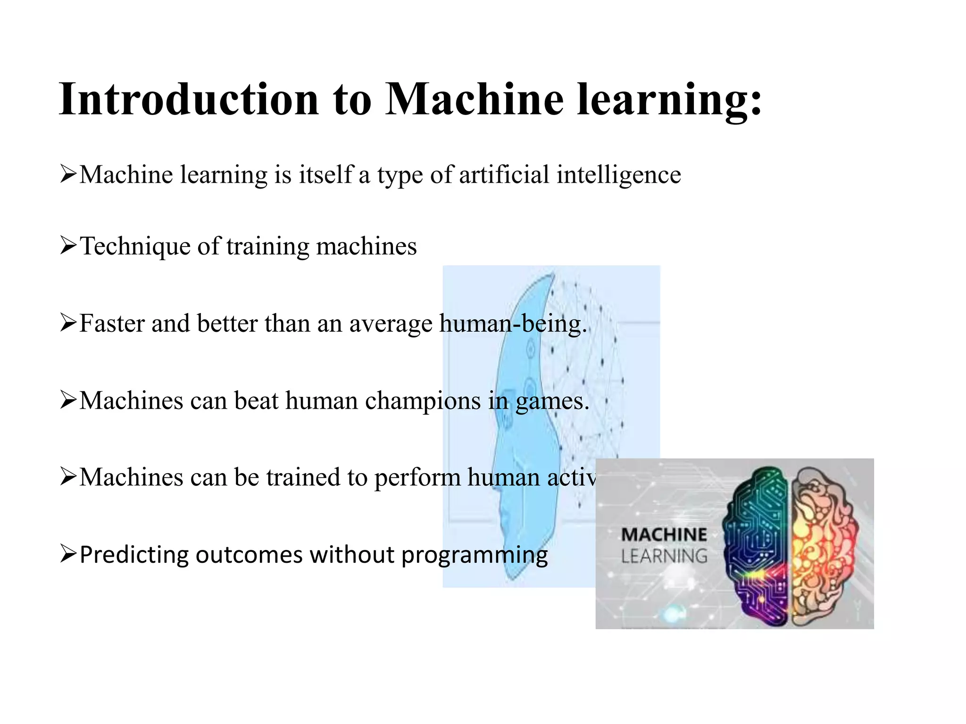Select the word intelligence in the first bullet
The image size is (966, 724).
pyautogui.click(x=618, y=175)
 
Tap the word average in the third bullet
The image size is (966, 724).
pyautogui.click(x=391, y=325)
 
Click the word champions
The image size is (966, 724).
pyautogui.click(x=423, y=401)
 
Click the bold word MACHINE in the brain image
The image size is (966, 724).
pyautogui.click(x=664, y=535)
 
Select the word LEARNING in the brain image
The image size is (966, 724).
pyautogui.click(x=664, y=557)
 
